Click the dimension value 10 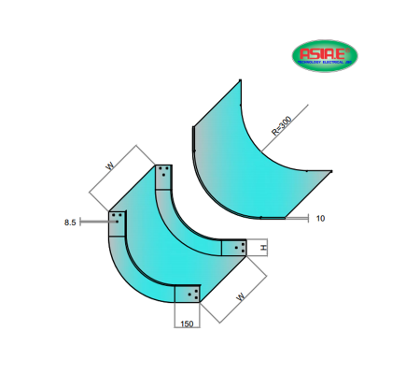[x=320, y=218]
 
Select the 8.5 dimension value [x=69, y=223]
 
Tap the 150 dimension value [x=187, y=324]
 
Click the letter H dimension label [x=264, y=247]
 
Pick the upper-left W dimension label [x=110, y=166]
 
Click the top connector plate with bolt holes [x=164, y=174]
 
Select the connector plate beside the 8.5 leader [x=119, y=222]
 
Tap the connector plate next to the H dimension [x=236, y=248]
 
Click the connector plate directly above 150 [x=188, y=294]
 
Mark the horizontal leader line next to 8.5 [x=93, y=223]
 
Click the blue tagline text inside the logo [x=322, y=65]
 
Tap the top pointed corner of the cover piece [x=240, y=81]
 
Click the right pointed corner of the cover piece [x=331, y=171]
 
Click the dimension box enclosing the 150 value [x=188, y=316]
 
